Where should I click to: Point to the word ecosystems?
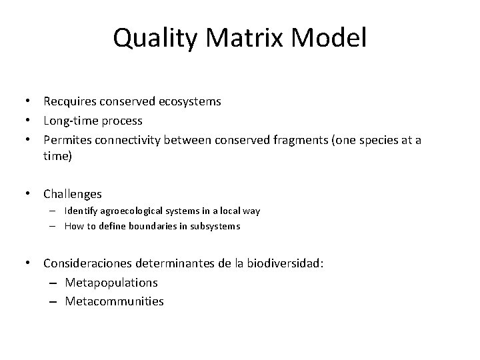pyautogui.click(x=190, y=102)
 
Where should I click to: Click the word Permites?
pyautogui.click(x=67, y=141)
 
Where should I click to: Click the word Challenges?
pyautogui.click(x=73, y=194)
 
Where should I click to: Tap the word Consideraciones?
pyautogui.click(x=87, y=263)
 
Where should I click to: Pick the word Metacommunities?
pyautogui.click(x=114, y=301)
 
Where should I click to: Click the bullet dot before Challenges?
pyautogui.click(x=30, y=194)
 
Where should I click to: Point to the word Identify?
pyautogui.click(x=81, y=211)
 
